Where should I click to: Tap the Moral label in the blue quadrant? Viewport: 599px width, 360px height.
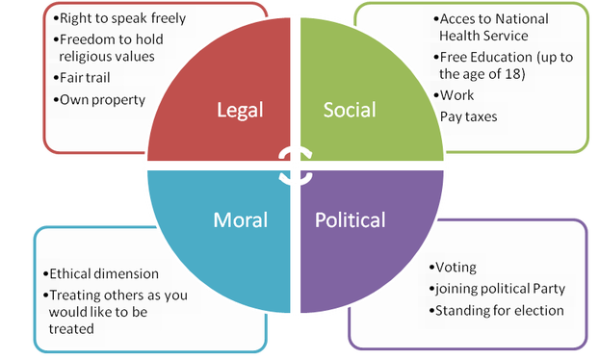coord(241,219)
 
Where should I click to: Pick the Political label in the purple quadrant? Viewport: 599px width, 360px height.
coord(351,219)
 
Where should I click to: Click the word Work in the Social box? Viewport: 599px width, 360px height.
coord(457,95)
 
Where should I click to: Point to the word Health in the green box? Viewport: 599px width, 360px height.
coord(461,36)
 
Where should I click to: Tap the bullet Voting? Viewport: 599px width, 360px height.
coord(456,269)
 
